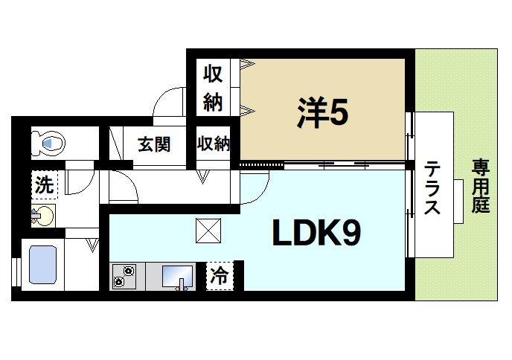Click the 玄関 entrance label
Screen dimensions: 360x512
154,144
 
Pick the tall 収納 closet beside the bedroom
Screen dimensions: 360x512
214,88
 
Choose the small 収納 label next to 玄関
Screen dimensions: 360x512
214,144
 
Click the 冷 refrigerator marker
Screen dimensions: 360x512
219,276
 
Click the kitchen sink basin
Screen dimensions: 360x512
177,275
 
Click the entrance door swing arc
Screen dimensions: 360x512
167,102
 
